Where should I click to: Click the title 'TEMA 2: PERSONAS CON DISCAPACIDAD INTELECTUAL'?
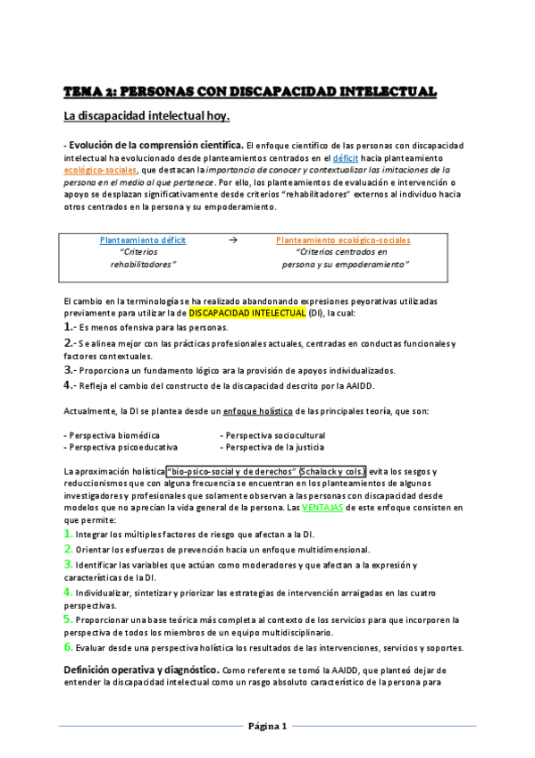(249, 91)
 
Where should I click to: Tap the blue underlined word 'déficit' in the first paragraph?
(346, 156)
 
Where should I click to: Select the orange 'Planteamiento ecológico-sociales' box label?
(344, 240)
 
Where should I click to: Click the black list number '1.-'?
(71, 328)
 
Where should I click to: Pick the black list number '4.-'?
(71, 385)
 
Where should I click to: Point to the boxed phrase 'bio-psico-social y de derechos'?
(231, 471)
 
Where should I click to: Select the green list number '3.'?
(68, 565)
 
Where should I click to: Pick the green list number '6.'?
(68, 646)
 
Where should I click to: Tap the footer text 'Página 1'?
(267, 726)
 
